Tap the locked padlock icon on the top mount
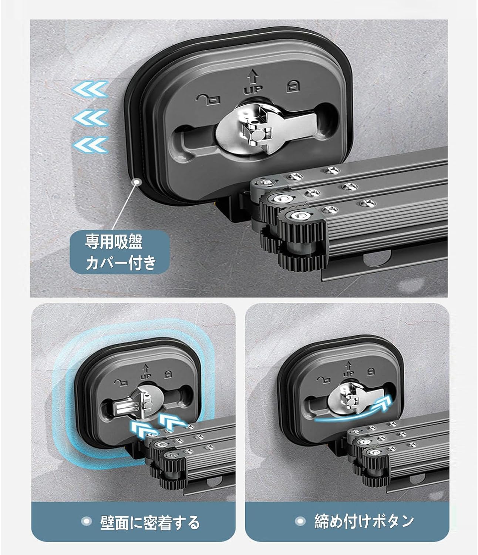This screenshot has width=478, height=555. pos(293,86)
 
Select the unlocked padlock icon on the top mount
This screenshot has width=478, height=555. pos(208,100)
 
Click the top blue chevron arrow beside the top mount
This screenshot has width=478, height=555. pos(91,89)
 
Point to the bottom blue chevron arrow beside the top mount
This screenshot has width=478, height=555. pos(91,145)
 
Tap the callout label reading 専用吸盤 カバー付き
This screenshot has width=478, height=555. pos(120,252)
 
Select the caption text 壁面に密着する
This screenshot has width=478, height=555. pos(150,522)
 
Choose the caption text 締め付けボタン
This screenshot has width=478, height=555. pos(364,521)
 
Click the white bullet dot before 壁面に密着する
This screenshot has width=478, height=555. pos(87,521)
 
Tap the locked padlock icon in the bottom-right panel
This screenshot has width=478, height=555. pos(371,371)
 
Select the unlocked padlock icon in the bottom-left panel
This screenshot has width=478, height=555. pos(121,382)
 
